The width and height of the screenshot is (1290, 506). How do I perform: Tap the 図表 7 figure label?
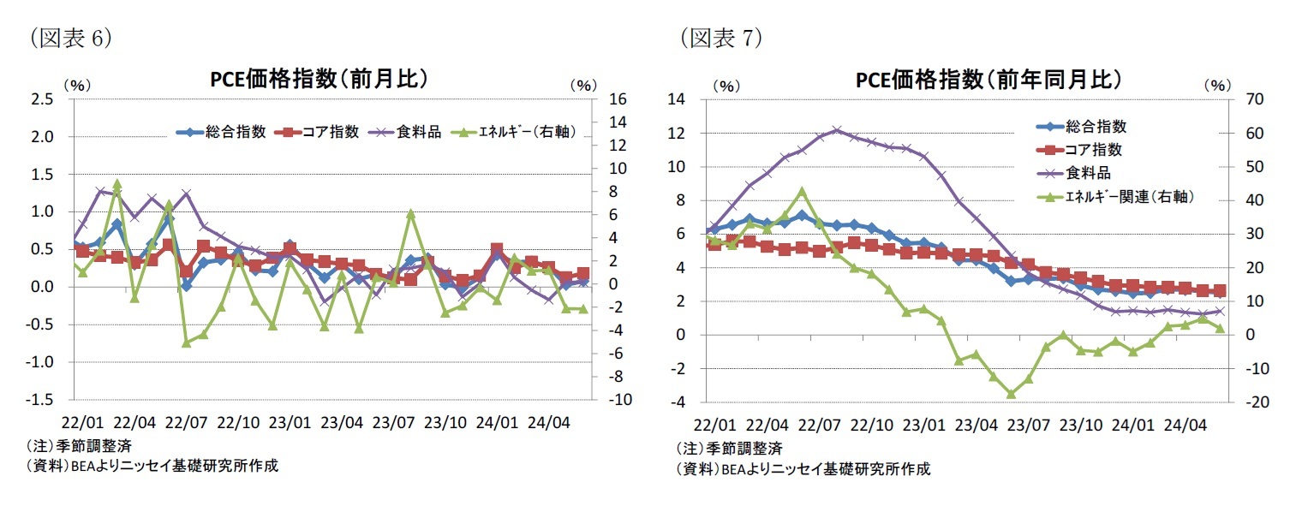(720, 38)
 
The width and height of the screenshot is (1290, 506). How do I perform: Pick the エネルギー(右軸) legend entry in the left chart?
(520, 132)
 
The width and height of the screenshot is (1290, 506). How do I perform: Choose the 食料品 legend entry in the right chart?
(1084, 171)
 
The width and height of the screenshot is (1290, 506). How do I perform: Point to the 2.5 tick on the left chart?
(43, 99)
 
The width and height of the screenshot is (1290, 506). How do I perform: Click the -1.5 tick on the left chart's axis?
(40, 400)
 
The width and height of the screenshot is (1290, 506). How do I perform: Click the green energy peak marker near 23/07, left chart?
(411, 214)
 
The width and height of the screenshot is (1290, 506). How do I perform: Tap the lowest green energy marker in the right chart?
(1012, 394)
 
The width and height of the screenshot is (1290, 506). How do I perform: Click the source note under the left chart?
(152, 467)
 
